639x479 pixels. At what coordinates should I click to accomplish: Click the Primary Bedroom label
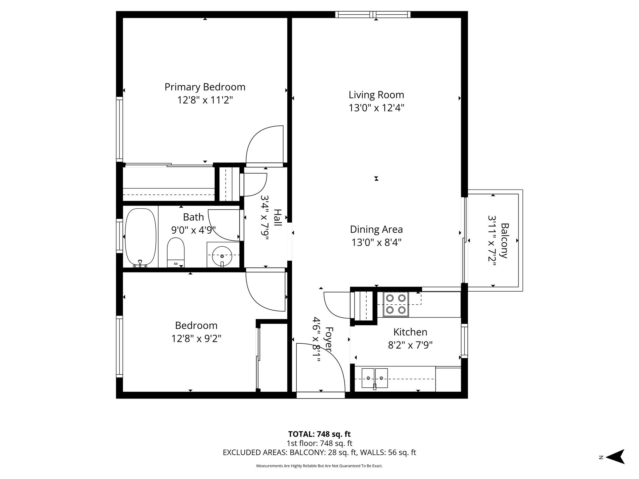pos(205,87)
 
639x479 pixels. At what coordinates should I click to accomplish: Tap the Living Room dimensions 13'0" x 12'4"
pos(376,108)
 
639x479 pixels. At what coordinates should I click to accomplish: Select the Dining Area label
pos(376,230)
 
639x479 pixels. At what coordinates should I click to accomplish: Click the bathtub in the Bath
pos(140,237)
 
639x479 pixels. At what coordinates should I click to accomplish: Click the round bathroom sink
pos(222,256)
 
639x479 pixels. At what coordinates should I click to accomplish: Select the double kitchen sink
pos(375,378)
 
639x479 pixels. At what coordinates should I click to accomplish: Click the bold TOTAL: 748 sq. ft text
pos(319,434)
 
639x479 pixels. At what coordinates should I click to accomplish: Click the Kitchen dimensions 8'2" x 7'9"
pos(410,345)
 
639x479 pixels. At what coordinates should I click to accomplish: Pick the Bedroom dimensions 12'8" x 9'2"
pos(196,338)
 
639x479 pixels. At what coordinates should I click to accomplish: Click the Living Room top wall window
pos(373,14)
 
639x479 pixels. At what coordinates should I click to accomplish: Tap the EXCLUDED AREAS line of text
pos(319,452)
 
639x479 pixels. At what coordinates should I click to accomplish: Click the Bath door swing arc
pos(223,225)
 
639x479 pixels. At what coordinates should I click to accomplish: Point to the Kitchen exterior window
pos(464,341)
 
